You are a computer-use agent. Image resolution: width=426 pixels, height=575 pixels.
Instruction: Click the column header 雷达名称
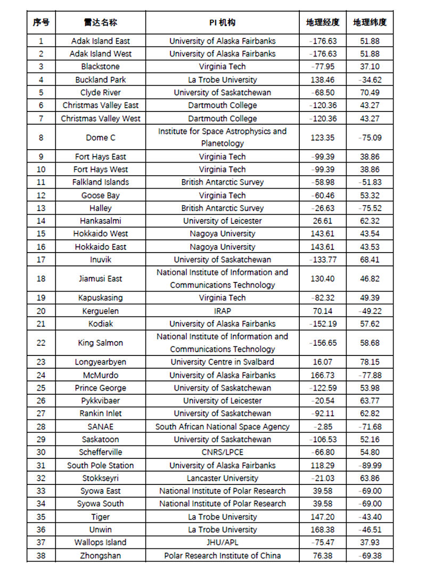(101, 22)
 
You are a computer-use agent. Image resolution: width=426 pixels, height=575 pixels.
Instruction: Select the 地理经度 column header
(323, 22)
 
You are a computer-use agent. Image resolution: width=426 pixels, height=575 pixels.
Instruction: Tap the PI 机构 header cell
(223, 22)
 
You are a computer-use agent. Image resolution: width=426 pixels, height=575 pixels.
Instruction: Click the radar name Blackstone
(101, 67)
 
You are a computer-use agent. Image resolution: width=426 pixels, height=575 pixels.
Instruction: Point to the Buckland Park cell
(101, 79)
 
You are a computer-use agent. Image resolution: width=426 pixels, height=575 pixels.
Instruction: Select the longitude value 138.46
(323, 79)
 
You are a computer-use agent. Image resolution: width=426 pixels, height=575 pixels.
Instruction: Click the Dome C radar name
(101, 137)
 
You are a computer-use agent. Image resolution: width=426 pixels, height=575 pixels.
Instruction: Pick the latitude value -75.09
(370, 137)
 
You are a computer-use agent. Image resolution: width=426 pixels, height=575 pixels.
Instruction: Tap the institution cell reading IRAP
(223, 311)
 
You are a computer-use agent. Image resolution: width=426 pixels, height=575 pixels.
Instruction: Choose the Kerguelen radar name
(101, 311)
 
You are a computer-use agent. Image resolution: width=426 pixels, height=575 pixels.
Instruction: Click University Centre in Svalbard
(223, 362)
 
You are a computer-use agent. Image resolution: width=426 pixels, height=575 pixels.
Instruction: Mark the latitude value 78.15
(370, 362)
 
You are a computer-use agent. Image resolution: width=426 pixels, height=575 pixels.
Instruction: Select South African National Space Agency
(223, 426)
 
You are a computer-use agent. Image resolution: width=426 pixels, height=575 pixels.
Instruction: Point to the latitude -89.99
(370, 465)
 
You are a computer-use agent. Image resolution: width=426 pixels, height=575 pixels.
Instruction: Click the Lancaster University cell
(223, 478)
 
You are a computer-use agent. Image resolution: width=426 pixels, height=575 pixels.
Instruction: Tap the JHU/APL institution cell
(223, 542)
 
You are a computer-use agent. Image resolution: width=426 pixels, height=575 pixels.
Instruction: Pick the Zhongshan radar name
(101, 555)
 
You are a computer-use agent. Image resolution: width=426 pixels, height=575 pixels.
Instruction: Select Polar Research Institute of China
(223, 555)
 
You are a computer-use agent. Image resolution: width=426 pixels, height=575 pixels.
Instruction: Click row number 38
(41, 555)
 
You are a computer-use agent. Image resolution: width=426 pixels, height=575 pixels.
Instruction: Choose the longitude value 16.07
(323, 362)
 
